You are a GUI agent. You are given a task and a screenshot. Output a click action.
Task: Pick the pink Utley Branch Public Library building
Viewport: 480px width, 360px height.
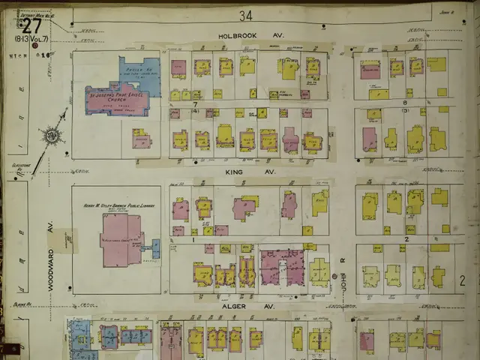(x=120, y=240)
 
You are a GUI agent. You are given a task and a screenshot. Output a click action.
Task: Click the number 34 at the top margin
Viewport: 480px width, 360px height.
(x=246, y=15)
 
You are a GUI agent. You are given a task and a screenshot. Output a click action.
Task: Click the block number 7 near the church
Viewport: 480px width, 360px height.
(x=193, y=103)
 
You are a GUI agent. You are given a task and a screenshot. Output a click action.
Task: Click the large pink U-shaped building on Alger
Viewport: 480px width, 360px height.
(x=281, y=266)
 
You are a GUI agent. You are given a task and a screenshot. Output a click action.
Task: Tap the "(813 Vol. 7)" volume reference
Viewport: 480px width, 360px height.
(x=31, y=39)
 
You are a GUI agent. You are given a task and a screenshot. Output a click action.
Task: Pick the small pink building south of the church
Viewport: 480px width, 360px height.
(x=142, y=139)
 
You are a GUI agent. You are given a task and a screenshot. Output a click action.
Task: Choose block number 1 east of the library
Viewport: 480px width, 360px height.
(x=193, y=238)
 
